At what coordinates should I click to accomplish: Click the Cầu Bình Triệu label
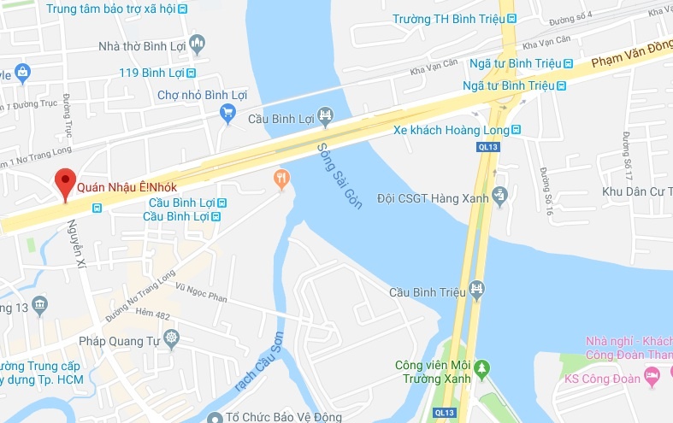pyautogui.click(x=427, y=291)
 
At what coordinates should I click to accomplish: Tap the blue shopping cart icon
pyautogui.click(x=227, y=112)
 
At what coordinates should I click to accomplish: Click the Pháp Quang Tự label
pyautogui.click(x=120, y=341)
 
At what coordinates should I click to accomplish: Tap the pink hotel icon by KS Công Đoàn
pyautogui.click(x=652, y=374)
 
